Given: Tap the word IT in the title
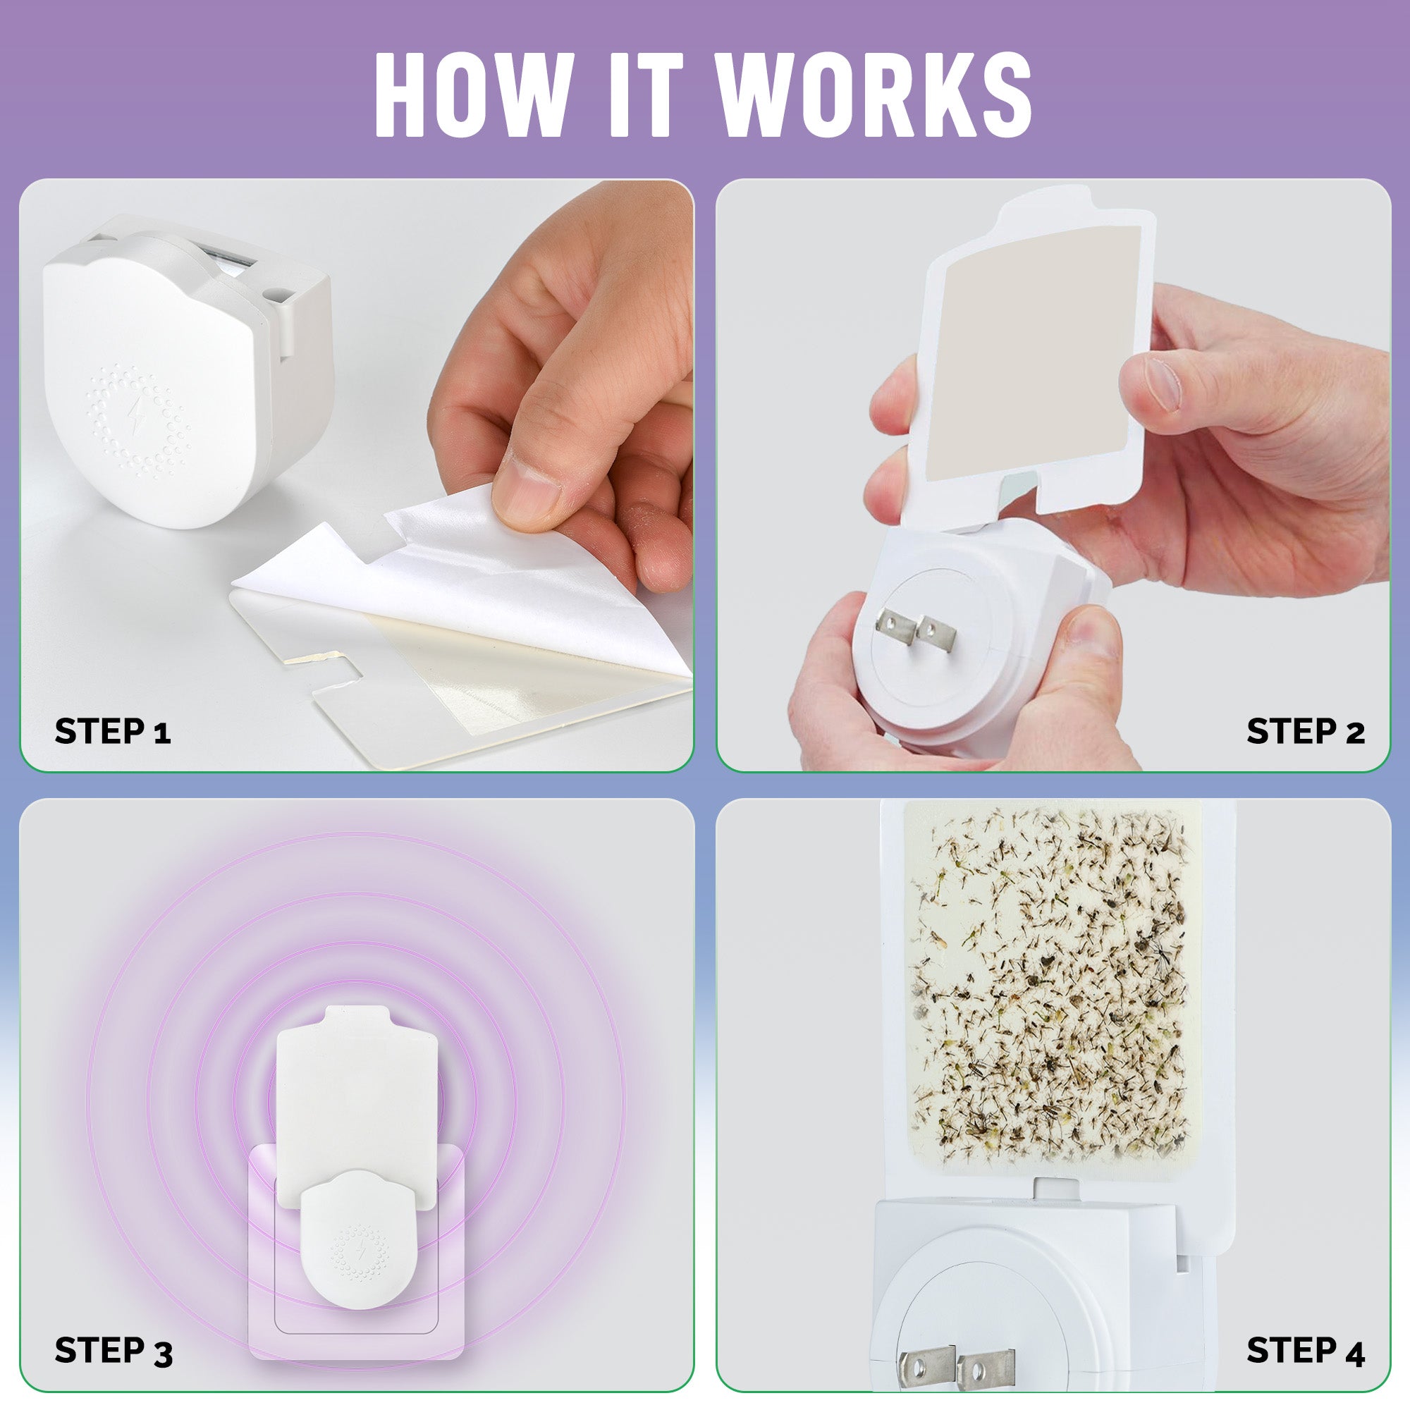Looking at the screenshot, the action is pos(645,94).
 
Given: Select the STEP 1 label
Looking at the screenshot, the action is pos(113,731).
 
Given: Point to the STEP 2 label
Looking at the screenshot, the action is pos(1305,731).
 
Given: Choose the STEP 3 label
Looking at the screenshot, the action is pos(113,1350).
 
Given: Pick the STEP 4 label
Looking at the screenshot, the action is pos(1305,1350).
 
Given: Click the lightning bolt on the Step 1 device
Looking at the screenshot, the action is pos(137,415).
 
